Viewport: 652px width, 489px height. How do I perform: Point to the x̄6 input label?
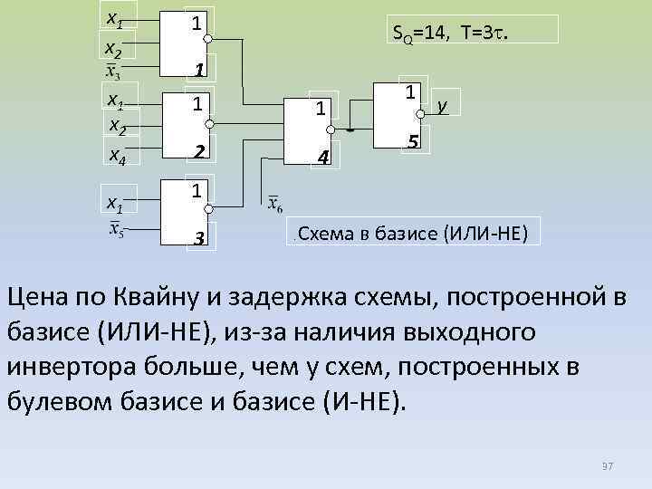274,203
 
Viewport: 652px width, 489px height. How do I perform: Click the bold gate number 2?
197,151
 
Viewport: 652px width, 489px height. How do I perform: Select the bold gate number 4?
320,159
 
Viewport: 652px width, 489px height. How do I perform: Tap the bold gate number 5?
412,142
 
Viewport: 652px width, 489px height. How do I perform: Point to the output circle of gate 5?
419,115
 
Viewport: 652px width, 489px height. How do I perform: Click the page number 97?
608,465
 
